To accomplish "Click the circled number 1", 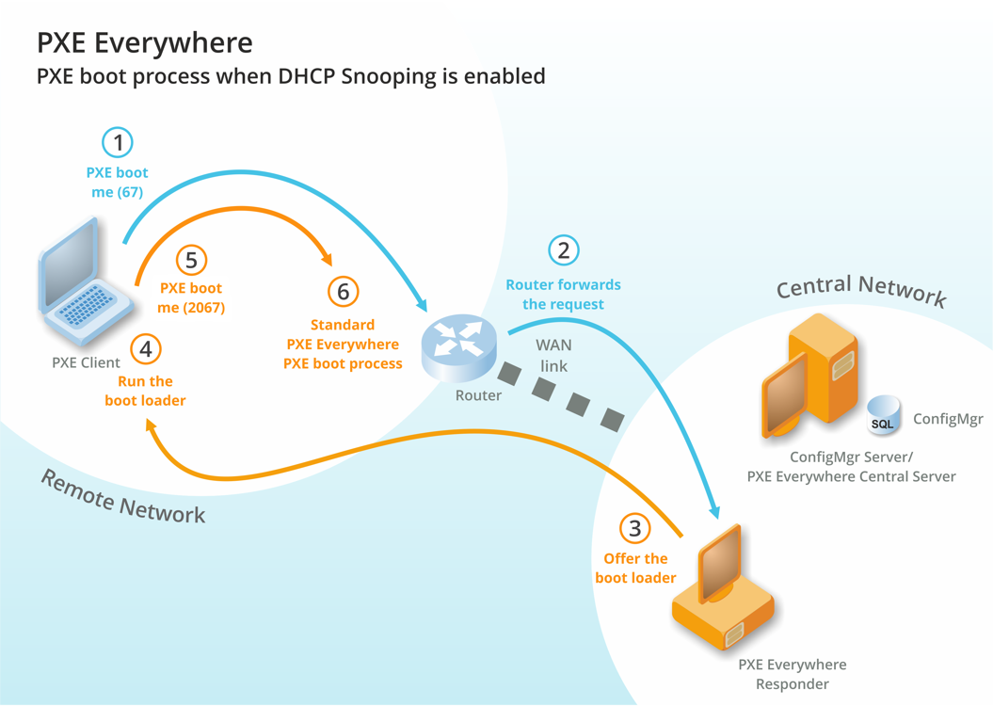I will pos(118,143).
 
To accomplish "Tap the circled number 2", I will pos(563,250).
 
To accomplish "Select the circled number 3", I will pos(635,529).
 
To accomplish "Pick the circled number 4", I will pos(145,349).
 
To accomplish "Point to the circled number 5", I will pos(191,261).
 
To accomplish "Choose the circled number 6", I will pos(343,292).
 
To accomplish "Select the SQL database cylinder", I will pos(883,415).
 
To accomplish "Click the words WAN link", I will pos(553,355).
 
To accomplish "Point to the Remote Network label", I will pos(122,496).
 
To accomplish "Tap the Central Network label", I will pos(861,289).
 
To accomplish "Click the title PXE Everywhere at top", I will pos(145,43).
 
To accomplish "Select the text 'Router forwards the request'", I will pos(563,294).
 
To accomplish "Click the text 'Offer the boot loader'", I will pos(635,568).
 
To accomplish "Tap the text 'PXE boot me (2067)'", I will pos(191,297).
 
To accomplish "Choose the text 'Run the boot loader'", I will pos(145,391).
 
